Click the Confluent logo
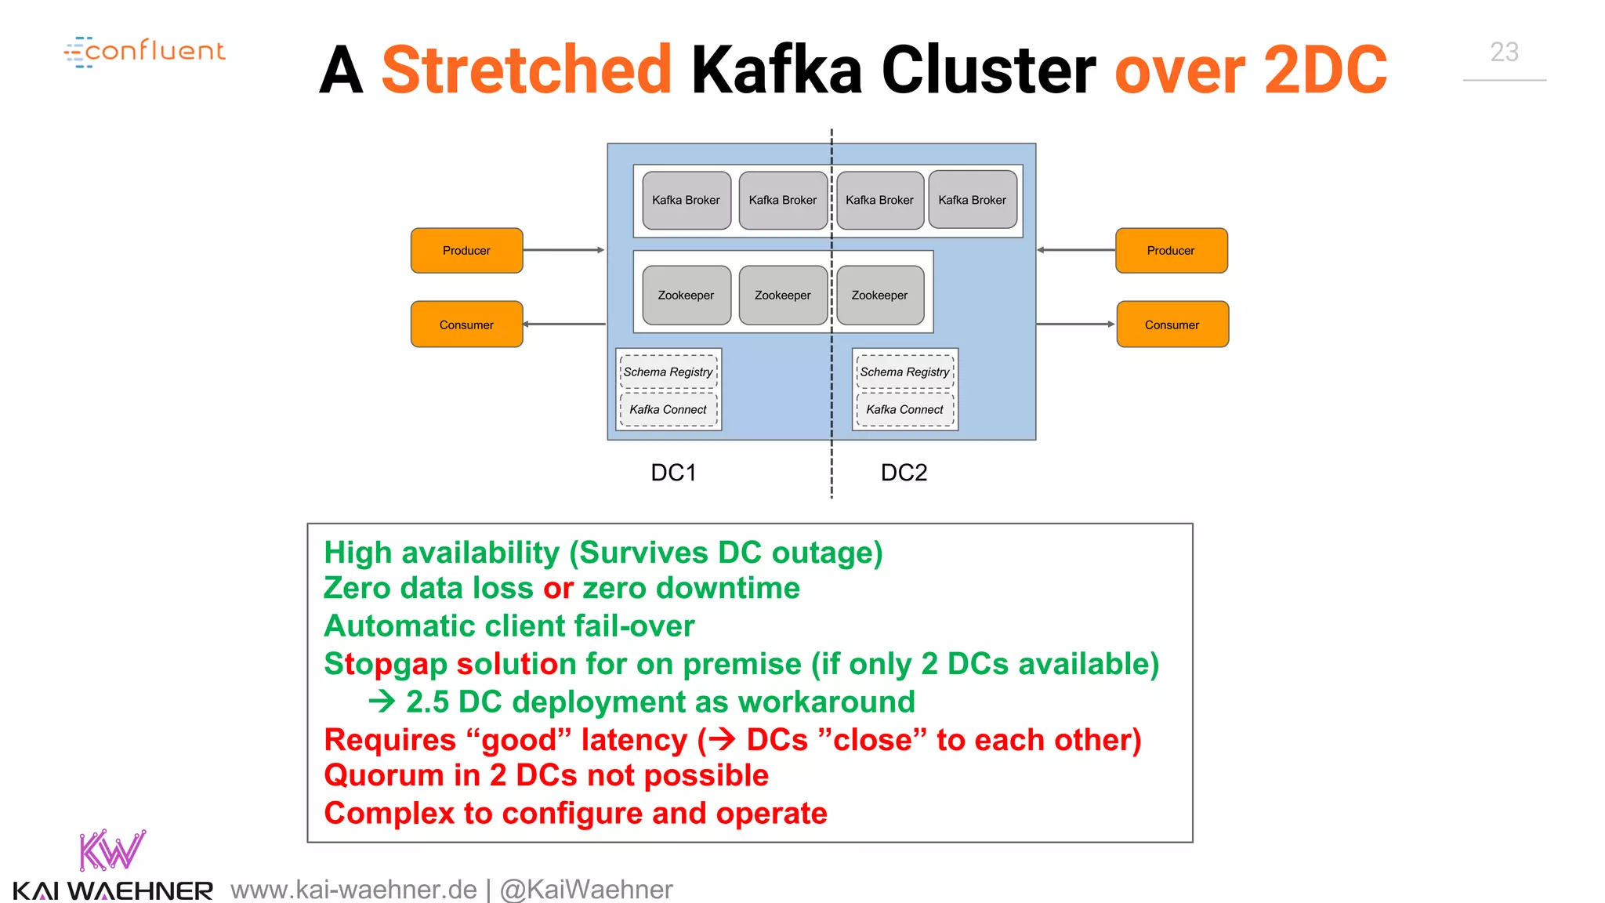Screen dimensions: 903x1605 (146, 52)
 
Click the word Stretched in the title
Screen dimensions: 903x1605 (527, 71)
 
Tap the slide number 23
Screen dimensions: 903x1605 (1504, 53)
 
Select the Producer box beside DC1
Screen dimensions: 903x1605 (466, 251)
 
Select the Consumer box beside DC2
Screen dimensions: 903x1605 (1172, 325)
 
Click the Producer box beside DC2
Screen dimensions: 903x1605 (1171, 251)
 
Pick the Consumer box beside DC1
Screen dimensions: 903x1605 (466, 325)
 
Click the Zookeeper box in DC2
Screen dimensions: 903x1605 (879, 296)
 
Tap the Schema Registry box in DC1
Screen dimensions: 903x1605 (668, 372)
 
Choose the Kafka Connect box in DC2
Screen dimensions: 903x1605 (904, 410)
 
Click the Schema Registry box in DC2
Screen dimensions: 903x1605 (904, 372)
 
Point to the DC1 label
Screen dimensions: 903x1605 (673, 473)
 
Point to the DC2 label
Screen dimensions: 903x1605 (904, 473)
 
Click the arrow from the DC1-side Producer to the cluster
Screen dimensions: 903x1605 (564, 250)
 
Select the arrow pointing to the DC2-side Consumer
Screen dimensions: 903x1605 (1075, 324)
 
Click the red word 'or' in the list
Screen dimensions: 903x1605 (558, 589)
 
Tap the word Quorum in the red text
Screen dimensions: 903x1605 (384, 776)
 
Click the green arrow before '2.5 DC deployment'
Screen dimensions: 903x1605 (382, 702)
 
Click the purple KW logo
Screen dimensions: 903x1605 (112, 850)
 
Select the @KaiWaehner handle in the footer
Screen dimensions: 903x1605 (586, 890)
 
